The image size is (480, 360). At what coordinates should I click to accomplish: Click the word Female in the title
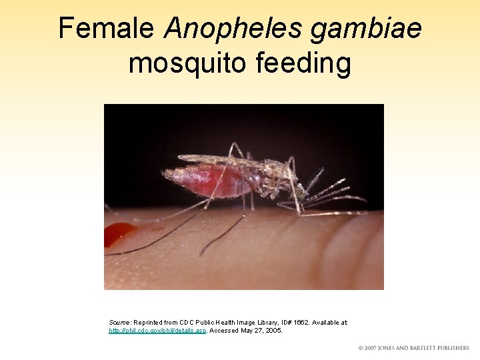(107, 29)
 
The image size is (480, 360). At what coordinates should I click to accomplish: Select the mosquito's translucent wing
(213, 160)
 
